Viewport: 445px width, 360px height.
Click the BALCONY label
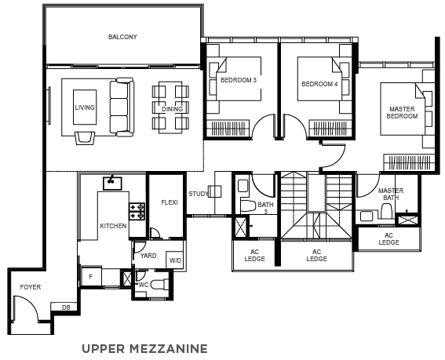(122, 37)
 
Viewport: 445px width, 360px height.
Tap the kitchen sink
(112, 183)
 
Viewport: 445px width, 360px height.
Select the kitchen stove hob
(137, 212)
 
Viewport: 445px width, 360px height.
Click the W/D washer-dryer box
(175, 260)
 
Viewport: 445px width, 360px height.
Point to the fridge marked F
(91, 277)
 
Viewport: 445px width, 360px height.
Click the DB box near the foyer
(64, 307)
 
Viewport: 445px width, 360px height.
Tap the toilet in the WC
(159, 284)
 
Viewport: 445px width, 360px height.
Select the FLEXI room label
(170, 202)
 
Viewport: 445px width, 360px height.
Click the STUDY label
(199, 194)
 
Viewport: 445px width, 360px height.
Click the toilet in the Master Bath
(386, 210)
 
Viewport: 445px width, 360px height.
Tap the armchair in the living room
(85, 137)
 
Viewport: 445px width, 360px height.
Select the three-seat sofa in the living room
(122, 107)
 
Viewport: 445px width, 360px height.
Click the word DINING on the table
(172, 109)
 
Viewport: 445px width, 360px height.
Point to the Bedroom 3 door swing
(264, 126)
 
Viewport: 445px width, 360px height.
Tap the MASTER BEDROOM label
(402, 113)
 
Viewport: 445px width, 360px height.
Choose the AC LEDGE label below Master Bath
(388, 239)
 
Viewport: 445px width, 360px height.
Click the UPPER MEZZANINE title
(144, 349)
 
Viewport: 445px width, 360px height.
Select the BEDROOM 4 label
(319, 84)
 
